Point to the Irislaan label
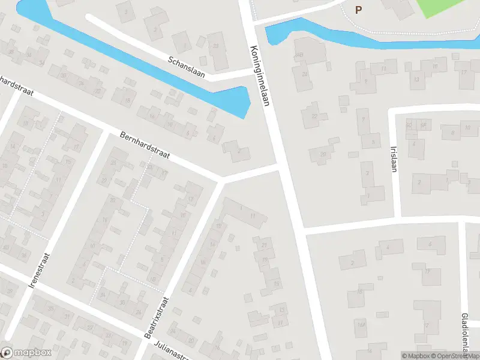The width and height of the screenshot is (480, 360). (394, 158)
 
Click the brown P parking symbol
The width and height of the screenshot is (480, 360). (359, 10)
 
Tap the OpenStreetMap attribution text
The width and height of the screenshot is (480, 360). (456, 356)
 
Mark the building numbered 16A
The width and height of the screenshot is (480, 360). (361, 325)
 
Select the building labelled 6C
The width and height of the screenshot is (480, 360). (410, 125)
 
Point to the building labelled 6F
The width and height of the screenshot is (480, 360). (423, 125)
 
